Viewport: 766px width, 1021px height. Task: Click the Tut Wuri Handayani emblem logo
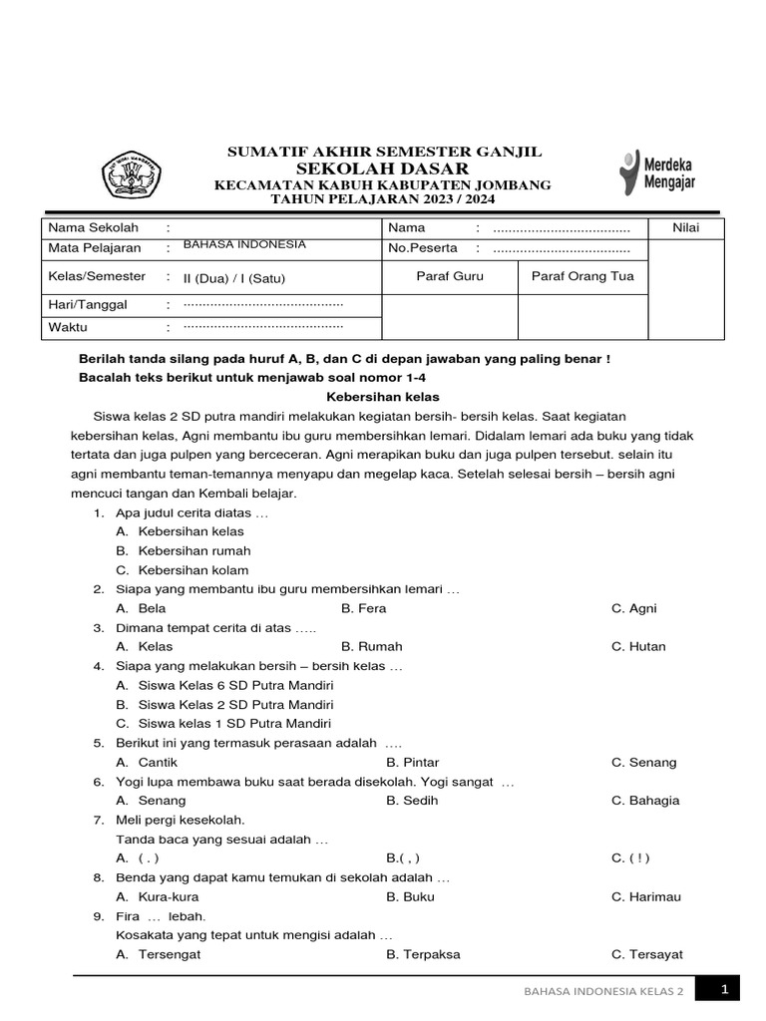tap(134, 176)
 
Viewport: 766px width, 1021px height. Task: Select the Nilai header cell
tap(686, 228)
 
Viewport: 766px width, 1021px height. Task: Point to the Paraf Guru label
tap(449, 276)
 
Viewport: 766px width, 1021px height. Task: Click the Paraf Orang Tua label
tap(582, 276)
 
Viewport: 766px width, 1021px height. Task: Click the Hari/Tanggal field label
tap(88, 304)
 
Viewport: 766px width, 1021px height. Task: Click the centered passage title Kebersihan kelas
tap(383, 397)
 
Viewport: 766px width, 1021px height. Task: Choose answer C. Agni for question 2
tap(634, 608)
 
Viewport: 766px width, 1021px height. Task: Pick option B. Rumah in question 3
tap(364, 646)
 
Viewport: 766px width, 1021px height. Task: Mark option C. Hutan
tap(638, 646)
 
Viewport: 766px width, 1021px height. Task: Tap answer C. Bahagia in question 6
tap(645, 800)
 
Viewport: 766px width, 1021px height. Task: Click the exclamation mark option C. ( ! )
tap(631, 857)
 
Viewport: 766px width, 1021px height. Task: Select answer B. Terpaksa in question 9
tap(423, 954)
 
